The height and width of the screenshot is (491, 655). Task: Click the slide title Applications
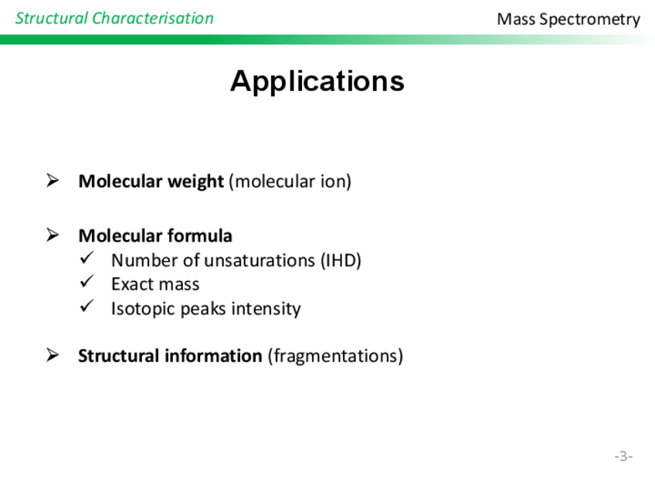pos(317,81)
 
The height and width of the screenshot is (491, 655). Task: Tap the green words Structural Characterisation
pos(114,19)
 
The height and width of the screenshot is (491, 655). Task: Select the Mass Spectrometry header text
pos(568,19)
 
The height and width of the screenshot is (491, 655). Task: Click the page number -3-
pos(623,456)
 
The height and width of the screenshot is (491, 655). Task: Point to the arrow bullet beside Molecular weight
pos(53,181)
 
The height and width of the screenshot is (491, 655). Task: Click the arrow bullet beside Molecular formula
pos(53,235)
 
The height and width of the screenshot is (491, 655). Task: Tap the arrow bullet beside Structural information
pos(53,355)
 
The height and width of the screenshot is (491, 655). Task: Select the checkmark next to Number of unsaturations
pos(87,258)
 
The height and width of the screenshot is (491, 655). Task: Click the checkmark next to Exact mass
pos(87,282)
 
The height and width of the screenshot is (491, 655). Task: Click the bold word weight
pos(195,182)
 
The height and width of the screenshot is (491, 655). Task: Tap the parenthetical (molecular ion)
pos(290,181)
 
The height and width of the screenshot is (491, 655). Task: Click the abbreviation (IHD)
pos(341,260)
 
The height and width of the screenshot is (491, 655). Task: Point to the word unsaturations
pos(260,260)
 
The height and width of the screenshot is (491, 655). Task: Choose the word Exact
pos(134,284)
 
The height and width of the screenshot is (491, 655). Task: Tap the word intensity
pos(266,309)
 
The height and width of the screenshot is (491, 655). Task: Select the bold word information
pos(213,356)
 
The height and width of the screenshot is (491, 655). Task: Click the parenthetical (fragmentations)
pos(335,356)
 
